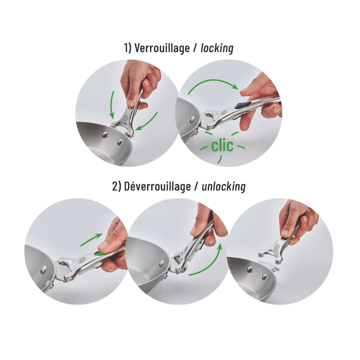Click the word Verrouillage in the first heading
pyautogui.click(x=162, y=48)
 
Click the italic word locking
pyautogui.click(x=217, y=48)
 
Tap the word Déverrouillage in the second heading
pyautogui.click(x=157, y=186)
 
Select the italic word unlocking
pyautogui.click(x=224, y=186)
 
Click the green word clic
pyautogui.click(x=222, y=146)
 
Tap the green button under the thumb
pyautogui.click(x=101, y=253)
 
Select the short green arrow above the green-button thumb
pyautogui.click(x=91, y=240)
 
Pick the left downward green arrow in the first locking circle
pyautogui.click(x=112, y=105)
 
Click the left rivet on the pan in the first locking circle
pyautogui.click(x=105, y=135)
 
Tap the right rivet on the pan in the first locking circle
pyautogui.click(x=120, y=143)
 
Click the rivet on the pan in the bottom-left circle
pyautogui.click(x=43, y=270)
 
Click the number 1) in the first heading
pyautogui.click(x=128, y=48)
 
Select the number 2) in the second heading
pyautogui.click(x=117, y=186)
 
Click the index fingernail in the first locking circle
pyautogui.click(x=131, y=102)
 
